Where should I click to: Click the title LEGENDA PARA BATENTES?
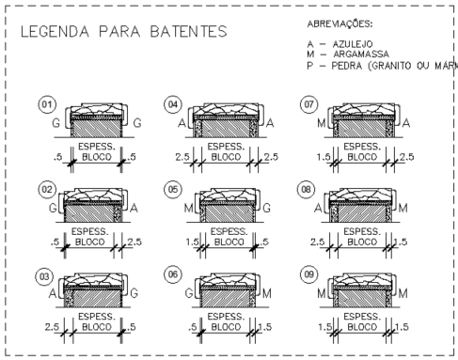coord(122,32)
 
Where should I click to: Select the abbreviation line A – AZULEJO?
coord(344,44)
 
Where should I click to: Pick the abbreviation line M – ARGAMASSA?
coord(351,55)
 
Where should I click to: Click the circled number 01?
coord(42,103)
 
